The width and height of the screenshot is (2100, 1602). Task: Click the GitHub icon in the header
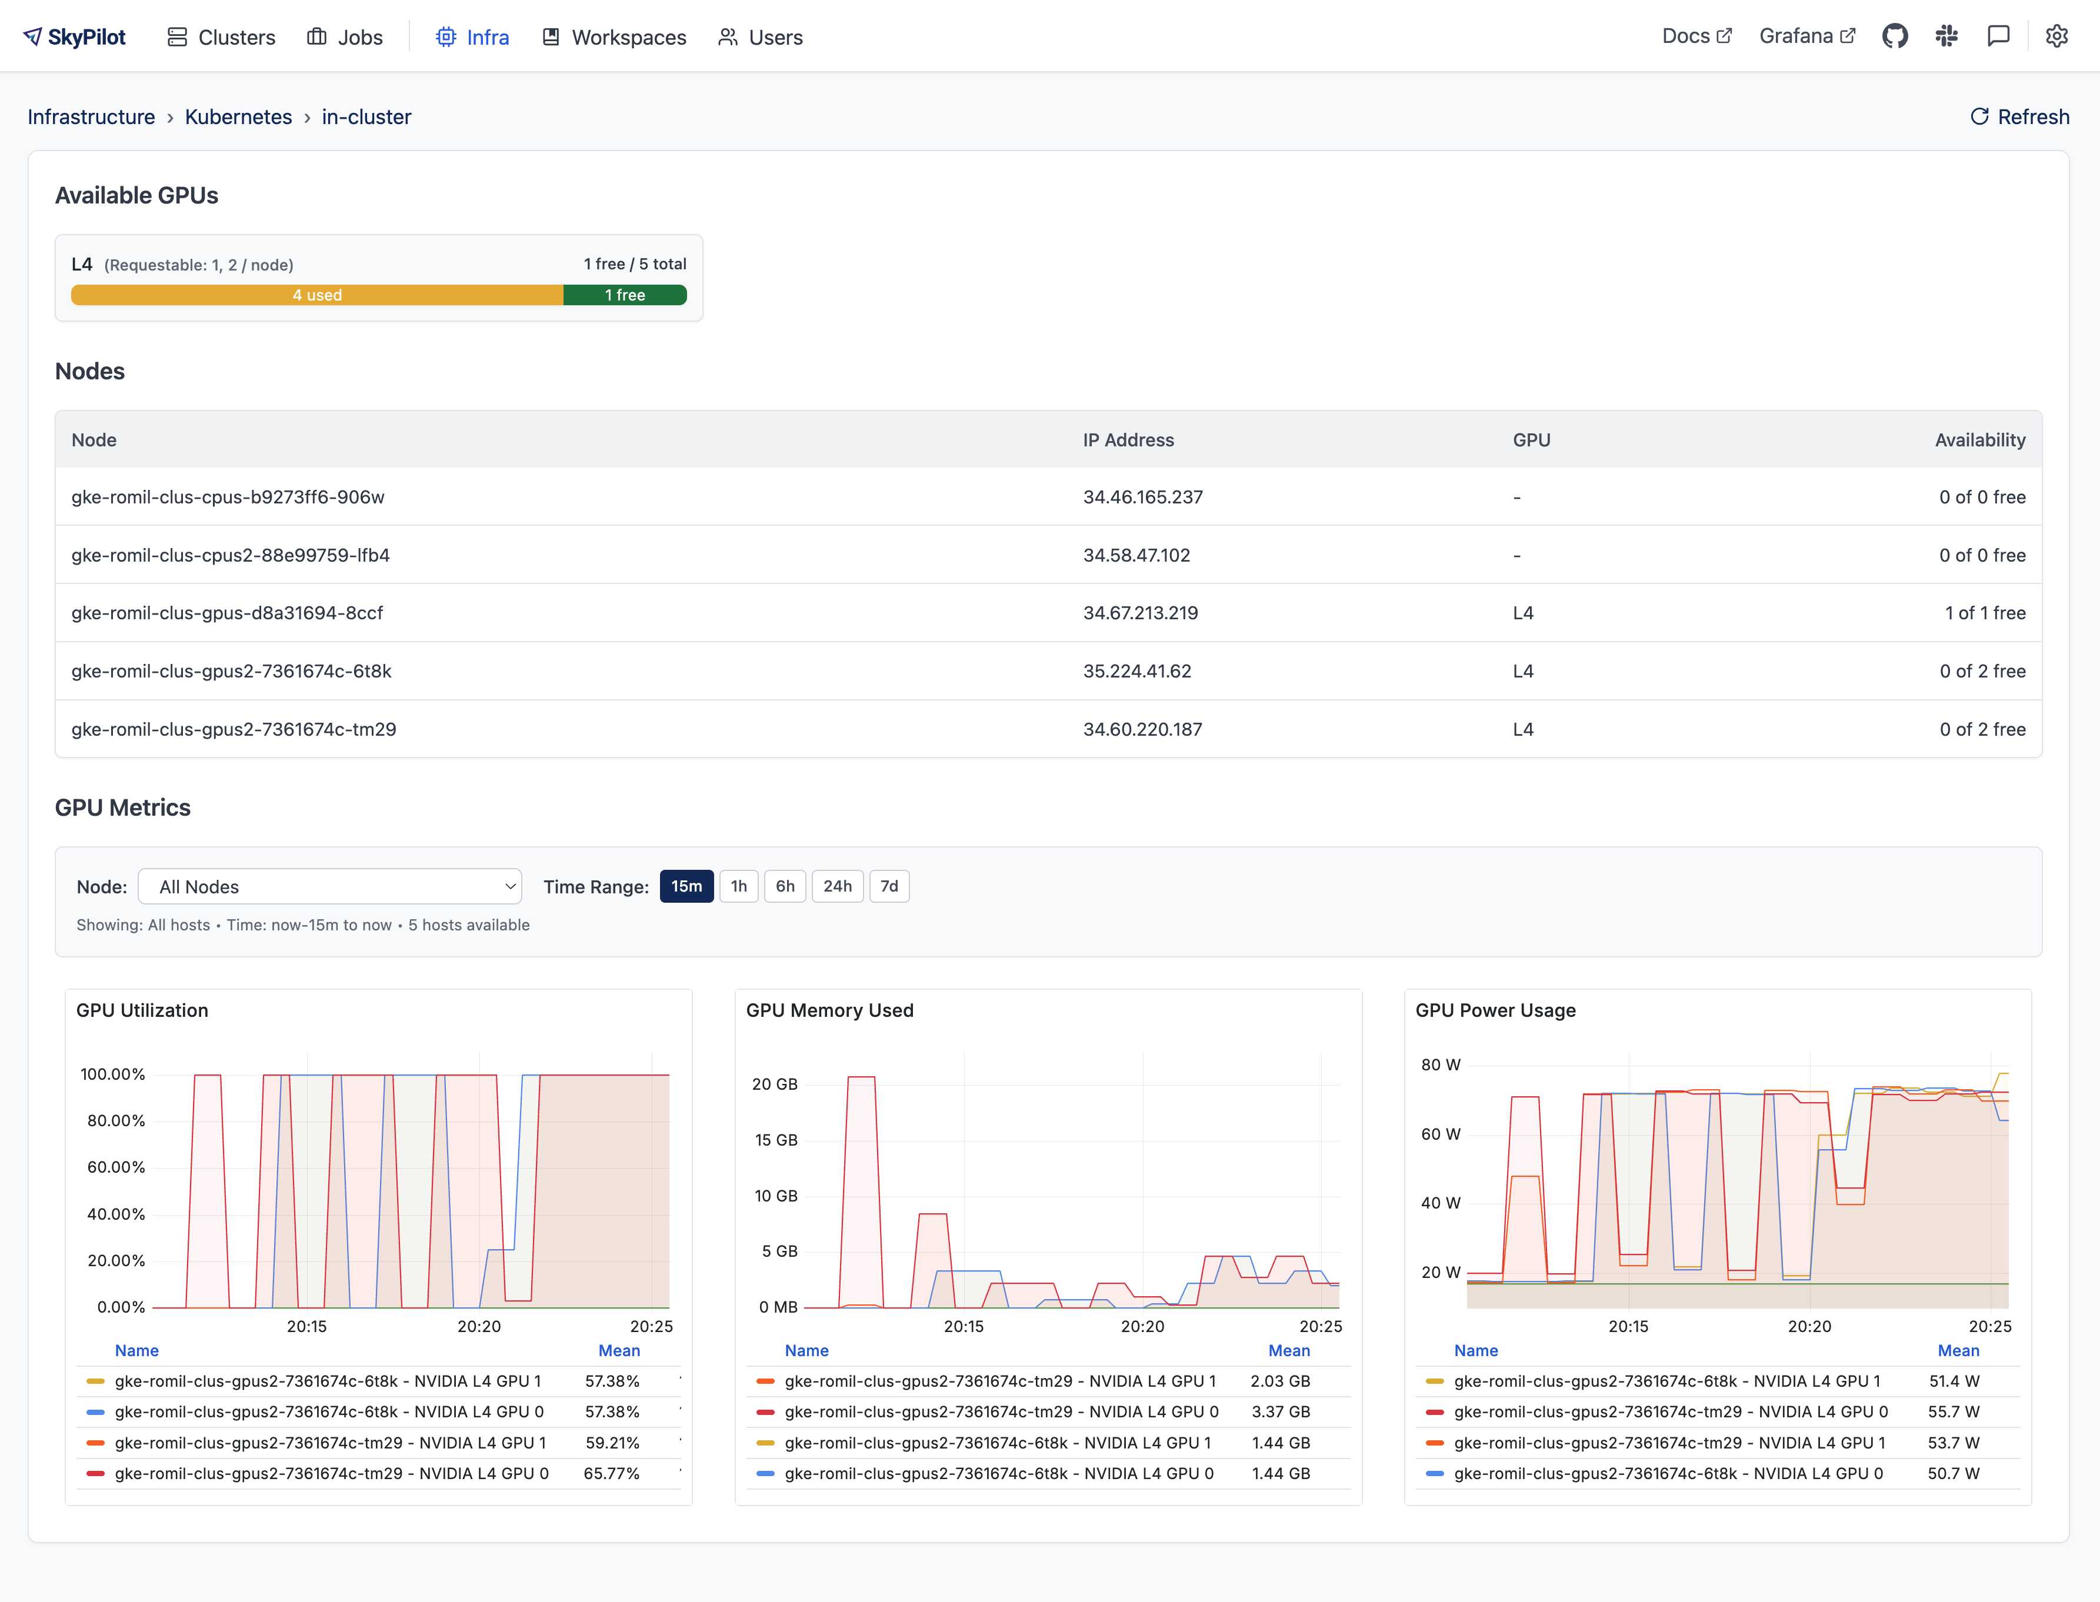point(1894,36)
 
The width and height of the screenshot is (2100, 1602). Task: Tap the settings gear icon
point(2056,36)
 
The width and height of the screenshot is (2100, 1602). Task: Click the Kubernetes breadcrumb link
point(238,116)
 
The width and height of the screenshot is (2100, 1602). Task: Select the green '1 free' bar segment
point(625,295)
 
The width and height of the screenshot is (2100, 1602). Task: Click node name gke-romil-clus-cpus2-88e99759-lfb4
point(231,555)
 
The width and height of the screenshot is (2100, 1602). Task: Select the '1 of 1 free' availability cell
point(1985,613)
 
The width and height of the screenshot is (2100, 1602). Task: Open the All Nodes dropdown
point(329,887)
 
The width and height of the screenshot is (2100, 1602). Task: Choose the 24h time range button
point(836,886)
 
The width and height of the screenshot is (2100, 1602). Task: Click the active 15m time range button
point(686,886)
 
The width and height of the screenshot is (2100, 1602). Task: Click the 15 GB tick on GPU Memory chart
point(775,1140)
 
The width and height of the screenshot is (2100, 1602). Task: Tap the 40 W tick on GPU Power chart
point(1440,1203)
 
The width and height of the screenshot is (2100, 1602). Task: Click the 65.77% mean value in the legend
point(611,1473)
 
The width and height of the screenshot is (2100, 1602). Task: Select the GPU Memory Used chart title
point(829,1010)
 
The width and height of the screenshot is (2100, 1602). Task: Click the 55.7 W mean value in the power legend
point(1953,1411)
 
